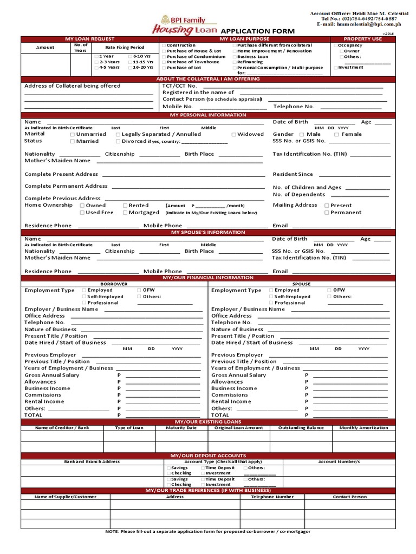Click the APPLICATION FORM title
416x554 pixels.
pos(257,31)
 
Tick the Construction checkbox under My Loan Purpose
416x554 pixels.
pos(164,45)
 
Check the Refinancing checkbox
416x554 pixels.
pos(234,62)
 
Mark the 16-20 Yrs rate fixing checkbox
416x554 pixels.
pos(130,68)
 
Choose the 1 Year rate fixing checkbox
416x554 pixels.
pos(96,56)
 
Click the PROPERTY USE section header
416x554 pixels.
pos(362,39)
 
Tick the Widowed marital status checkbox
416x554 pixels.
pos(234,134)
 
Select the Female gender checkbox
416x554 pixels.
pos(336,134)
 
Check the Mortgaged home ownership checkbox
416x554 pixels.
pos(125,213)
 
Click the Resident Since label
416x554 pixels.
pos(292,174)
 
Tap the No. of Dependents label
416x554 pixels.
pos(298,194)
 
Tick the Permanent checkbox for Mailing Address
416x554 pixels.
pos(327,213)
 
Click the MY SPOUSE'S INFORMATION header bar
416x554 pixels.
pos(208,232)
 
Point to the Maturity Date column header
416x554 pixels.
pos(181,428)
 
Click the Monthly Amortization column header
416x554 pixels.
pos(363,428)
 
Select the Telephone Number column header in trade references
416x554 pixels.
pos(272,497)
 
